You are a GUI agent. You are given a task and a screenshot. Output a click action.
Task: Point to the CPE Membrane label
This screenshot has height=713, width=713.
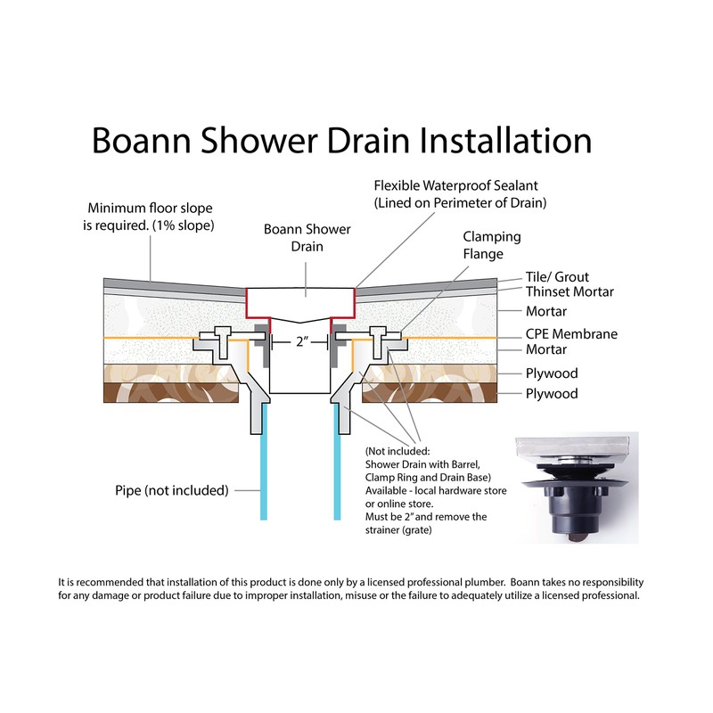(x=571, y=334)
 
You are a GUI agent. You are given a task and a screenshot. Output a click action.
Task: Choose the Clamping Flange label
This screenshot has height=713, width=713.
(x=491, y=246)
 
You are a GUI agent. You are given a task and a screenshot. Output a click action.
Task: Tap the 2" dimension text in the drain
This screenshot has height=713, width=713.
(x=298, y=341)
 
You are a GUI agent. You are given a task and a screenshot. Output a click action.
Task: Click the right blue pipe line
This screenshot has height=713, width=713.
(x=340, y=472)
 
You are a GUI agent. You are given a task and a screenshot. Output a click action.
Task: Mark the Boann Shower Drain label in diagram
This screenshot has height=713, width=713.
(x=307, y=238)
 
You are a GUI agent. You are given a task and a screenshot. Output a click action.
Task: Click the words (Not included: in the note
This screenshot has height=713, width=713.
(x=402, y=451)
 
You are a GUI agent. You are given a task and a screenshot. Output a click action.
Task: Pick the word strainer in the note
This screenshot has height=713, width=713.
(x=387, y=531)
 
